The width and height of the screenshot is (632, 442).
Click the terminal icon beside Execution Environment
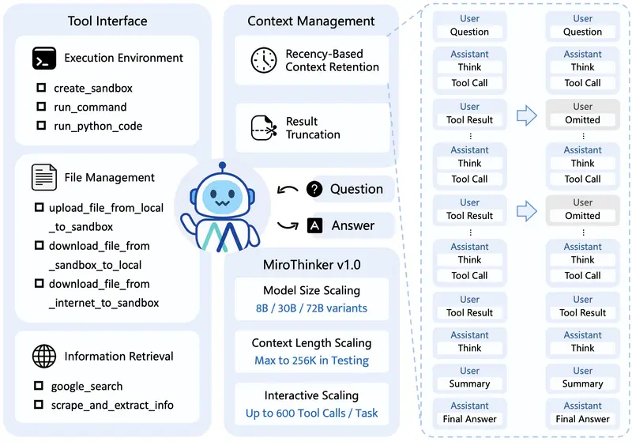click(x=43, y=58)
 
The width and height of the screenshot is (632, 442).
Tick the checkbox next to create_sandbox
click(x=40, y=88)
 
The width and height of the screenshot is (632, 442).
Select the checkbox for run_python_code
click(x=40, y=126)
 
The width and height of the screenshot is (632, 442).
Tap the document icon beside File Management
click(x=43, y=177)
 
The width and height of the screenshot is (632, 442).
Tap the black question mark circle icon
click(x=314, y=189)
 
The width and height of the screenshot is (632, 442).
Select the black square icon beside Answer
click(x=314, y=226)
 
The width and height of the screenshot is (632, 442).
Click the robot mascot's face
click(x=221, y=197)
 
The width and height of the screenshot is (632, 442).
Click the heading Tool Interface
click(x=107, y=21)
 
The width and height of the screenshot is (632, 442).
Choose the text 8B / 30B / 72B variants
click(x=310, y=308)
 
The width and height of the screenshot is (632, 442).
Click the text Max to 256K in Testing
click(x=310, y=361)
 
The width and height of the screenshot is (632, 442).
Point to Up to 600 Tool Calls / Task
click(x=310, y=413)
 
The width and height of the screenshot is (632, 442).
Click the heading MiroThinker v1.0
click(x=310, y=263)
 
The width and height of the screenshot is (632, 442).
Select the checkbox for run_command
click(x=40, y=107)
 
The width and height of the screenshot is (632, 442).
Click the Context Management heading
click(x=310, y=21)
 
